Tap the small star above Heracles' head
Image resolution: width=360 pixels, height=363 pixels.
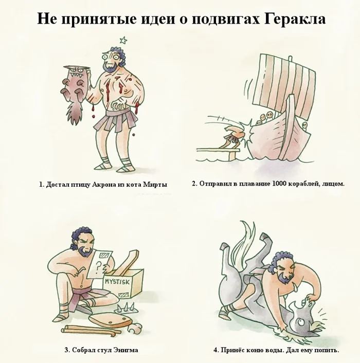click(123, 39)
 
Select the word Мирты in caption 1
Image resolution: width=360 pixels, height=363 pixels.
click(157, 184)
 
